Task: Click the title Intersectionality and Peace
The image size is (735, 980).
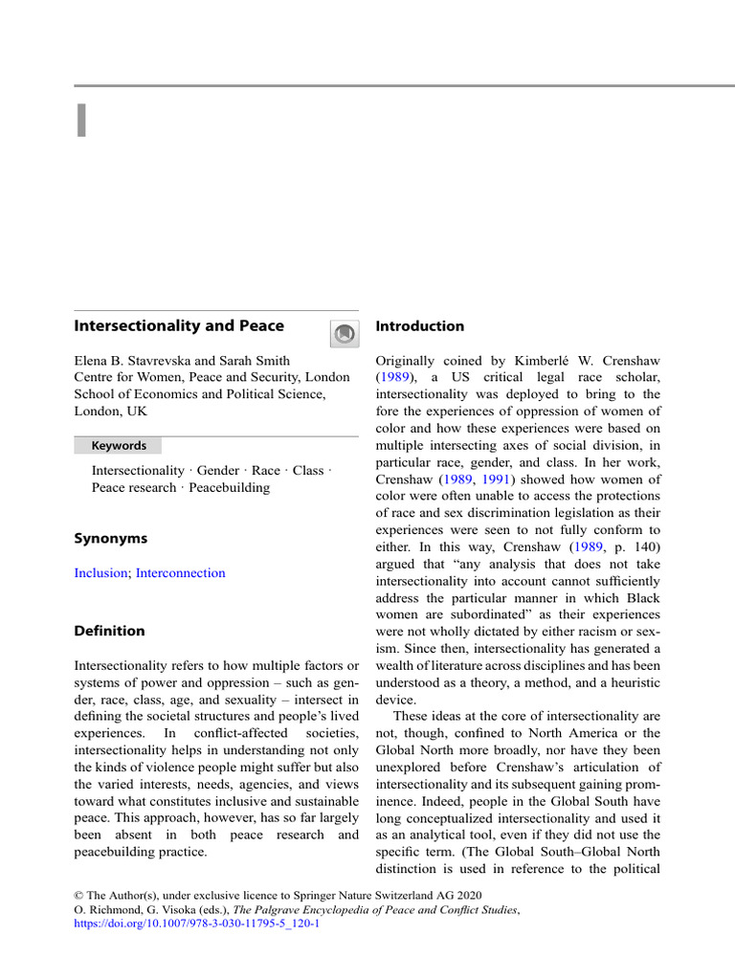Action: tap(179, 325)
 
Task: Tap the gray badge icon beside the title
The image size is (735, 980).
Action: tap(345, 333)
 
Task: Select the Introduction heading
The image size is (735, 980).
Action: tap(419, 326)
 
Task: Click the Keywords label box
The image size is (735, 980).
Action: tap(118, 446)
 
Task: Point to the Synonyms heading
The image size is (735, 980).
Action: tap(110, 539)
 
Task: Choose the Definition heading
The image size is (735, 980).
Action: tap(110, 631)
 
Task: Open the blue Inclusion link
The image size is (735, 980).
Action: tap(100, 573)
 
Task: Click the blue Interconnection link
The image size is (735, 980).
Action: tap(181, 573)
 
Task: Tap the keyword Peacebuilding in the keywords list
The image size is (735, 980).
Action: tap(230, 487)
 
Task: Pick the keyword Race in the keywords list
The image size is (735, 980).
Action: tap(266, 470)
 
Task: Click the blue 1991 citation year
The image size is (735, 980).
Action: tap(501, 479)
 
